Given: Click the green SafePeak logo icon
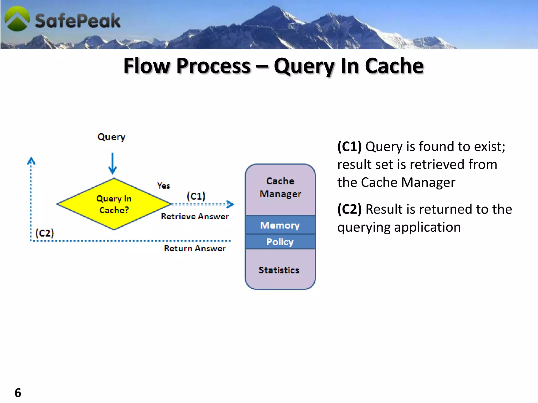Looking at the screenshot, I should (x=17, y=19).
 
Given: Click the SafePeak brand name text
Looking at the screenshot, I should (x=77, y=21).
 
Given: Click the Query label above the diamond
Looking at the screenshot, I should (x=111, y=137).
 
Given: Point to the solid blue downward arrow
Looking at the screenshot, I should (x=113, y=164).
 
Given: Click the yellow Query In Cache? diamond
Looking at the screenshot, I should (x=114, y=204).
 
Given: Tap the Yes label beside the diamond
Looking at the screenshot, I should (x=163, y=186).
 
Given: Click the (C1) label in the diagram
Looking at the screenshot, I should (x=196, y=196).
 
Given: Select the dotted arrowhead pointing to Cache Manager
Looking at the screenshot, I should (x=230, y=204).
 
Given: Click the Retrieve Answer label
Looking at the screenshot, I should (x=195, y=216).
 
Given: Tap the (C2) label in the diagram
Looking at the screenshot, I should (x=45, y=233).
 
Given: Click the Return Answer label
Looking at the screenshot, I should (x=195, y=248).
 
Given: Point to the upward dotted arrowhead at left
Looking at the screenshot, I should (x=31, y=160).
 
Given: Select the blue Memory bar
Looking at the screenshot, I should (x=280, y=225).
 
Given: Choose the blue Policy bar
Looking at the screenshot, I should (x=280, y=242).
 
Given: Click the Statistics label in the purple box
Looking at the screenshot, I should (x=279, y=270).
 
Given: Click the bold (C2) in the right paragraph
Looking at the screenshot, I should (x=349, y=209).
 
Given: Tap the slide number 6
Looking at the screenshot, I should (x=18, y=393).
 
